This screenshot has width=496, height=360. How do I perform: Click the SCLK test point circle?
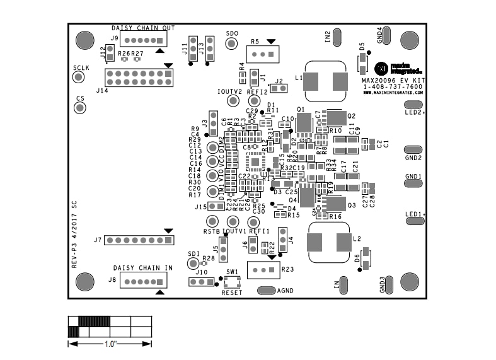pyautogui.click(x=79, y=77)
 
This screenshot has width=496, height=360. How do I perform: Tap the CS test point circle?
pyautogui.click(x=80, y=108)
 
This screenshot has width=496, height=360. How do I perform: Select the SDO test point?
pyautogui.click(x=232, y=44)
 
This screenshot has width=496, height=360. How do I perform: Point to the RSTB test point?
pyautogui.click(x=212, y=221)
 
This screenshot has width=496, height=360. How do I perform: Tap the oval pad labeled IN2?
pyautogui.click(x=338, y=37)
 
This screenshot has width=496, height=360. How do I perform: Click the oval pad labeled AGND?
pyautogui.click(x=267, y=291)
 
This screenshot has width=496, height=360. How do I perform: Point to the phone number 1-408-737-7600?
pyautogui.click(x=393, y=86)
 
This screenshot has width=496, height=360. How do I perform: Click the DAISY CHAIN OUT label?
pyautogui.click(x=143, y=28)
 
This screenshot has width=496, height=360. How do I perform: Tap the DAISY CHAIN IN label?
pyautogui.click(x=142, y=268)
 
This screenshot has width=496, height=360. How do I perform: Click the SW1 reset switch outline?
pyautogui.click(x=232, y=282)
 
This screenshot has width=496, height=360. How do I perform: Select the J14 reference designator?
pyautogui.click(x=101, y=91)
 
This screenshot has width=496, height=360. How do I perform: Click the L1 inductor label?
pyautogui.click(x=299, y=77)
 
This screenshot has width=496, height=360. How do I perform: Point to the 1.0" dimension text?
pyautogui.click(x=110, y=344)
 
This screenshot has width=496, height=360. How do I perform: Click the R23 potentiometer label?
pyautogui.click(x=288, y=269)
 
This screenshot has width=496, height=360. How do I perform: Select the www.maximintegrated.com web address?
pyautogui.click(x=393, y=93)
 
